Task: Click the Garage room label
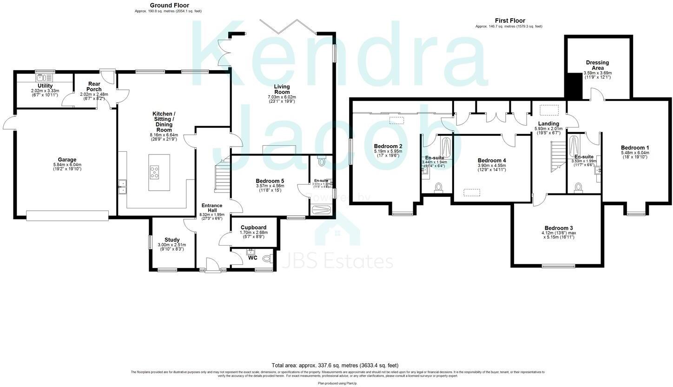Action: pyautogui.click(x=67, y=160)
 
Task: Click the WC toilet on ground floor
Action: pyautogui.click(x=267, y=258)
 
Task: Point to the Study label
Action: pyautogui.click(x=172, y=240)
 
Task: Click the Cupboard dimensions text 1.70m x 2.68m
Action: pyautogui.click(x=253, y=233)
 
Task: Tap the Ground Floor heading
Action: pyautogui.click(x=169, y=6)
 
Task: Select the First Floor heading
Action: pyautogui.click(x=510, y=20)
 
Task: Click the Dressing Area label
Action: pyautogui.click(x=597, y=65)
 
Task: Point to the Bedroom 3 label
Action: pyautogui.click(x=558, y=228)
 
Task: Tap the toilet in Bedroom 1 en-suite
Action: pyautogui.click(x=578, y=187)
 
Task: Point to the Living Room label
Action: pyautogui.click(x=282, y=89)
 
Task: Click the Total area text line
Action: pyautogui.click(x=335, y=365)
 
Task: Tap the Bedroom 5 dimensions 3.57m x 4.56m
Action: pyautogui.click(x=270, y=186)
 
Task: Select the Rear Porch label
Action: pyautogui.click(x=94, y=87)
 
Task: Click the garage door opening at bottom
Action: pyautogui.click(x=67, y=215)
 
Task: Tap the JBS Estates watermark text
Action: pyautogui.click(x=338, y=261)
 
